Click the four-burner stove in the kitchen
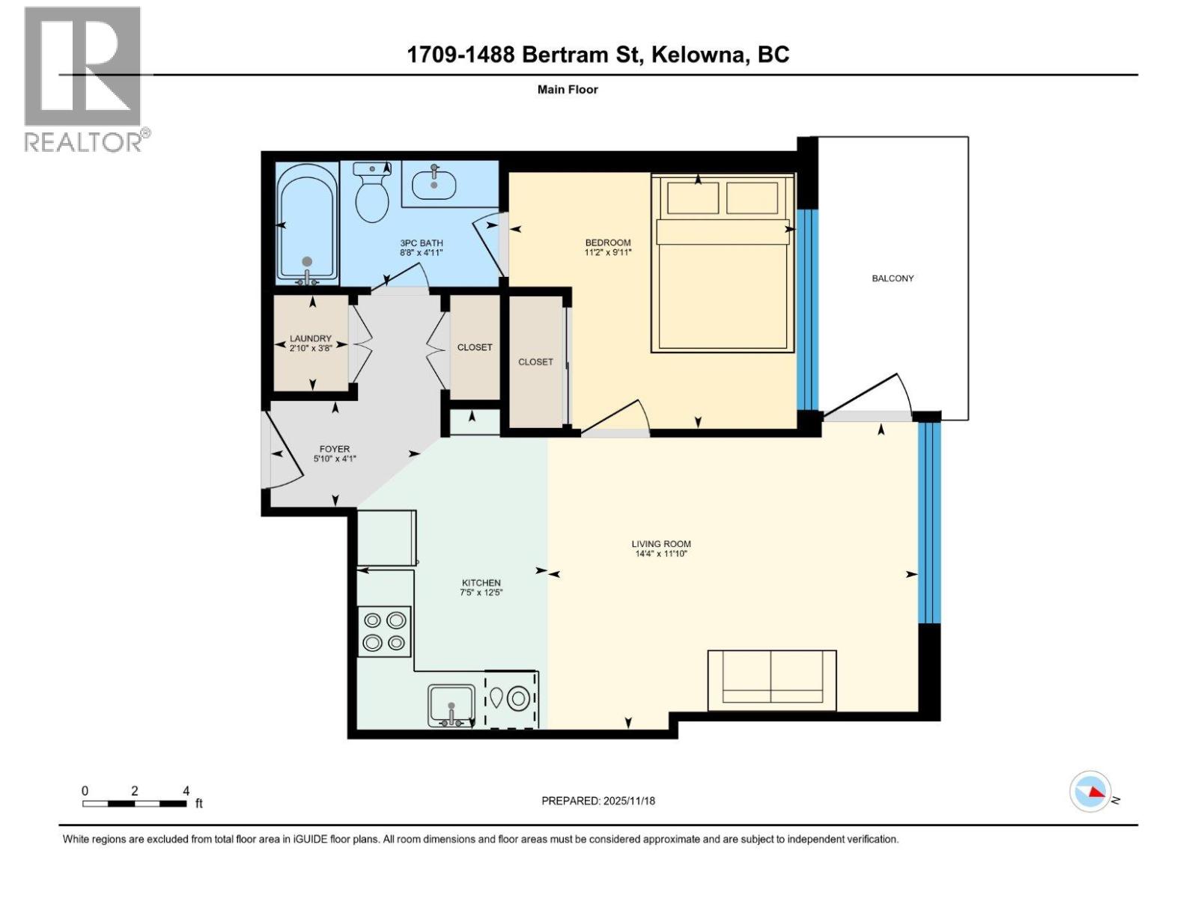[385, 632]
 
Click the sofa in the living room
[772, 679]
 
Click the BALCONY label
[893, 278]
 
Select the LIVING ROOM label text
[661, 544]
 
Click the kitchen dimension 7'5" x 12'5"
[481, 593]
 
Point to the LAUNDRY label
[311, 338]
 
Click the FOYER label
[334, 449]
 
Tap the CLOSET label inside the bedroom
[535, 361]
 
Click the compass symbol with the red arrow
[1090, 792]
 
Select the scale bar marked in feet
[135, 804]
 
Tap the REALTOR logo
[82, 79]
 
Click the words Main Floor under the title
[568, 90]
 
